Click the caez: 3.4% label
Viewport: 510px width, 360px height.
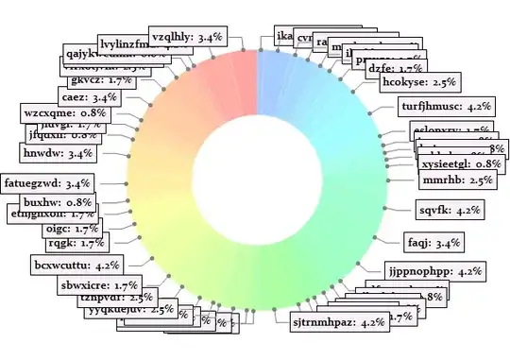90,97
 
